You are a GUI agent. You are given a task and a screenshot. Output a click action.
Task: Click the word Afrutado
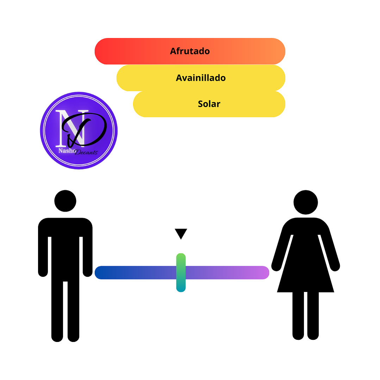tap(190, 51)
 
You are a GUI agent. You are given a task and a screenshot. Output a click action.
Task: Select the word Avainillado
tap(201, 78)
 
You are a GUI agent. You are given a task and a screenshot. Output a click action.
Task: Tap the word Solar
tap(209, 104)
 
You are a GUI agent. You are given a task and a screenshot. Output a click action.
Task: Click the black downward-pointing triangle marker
tap(181, 233)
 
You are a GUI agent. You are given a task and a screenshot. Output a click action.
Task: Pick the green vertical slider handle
tap(181, 272)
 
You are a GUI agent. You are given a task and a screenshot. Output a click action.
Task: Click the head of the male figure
tap(65, 201)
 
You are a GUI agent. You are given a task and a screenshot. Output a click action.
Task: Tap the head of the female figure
tap(306, 202)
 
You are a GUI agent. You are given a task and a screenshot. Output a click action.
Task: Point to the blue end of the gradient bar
tap(102, 273)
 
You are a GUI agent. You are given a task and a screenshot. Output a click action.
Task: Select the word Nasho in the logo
tap(66, 151)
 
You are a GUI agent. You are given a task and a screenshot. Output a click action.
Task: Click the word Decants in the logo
tap(86, 152)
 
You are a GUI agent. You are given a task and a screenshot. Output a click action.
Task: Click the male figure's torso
tap(65, 247)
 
